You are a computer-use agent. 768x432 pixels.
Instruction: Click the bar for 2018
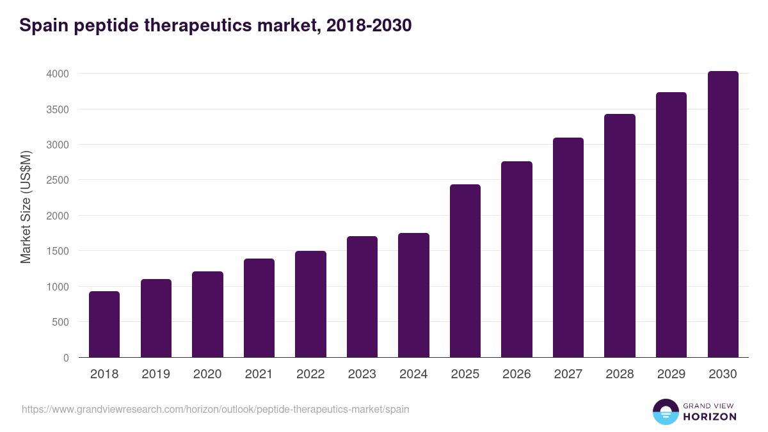(104, 324)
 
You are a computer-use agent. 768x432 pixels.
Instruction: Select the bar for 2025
(465, 271)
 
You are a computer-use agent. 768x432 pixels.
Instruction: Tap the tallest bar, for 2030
(723, 214)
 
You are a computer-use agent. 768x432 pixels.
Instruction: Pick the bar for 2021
(259, 308)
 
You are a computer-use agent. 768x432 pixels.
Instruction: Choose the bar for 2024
(413, 295)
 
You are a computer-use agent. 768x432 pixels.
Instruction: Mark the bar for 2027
(568, 248)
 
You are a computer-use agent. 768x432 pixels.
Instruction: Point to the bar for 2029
(671, 225)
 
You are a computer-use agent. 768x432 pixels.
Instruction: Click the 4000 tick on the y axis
(58, 74)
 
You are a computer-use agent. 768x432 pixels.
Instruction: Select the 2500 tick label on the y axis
(58, 180)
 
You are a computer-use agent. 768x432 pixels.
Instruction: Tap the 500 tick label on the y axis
(60, 322)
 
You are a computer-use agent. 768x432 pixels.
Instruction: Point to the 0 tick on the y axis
(66, 358)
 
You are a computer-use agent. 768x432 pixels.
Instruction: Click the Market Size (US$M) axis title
(26, 207)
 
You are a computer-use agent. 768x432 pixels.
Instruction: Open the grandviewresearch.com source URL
(215, 409)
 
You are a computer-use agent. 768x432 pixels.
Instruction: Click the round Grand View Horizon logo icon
(666, 412)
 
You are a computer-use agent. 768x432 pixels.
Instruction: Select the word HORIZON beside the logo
(710, 417)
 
